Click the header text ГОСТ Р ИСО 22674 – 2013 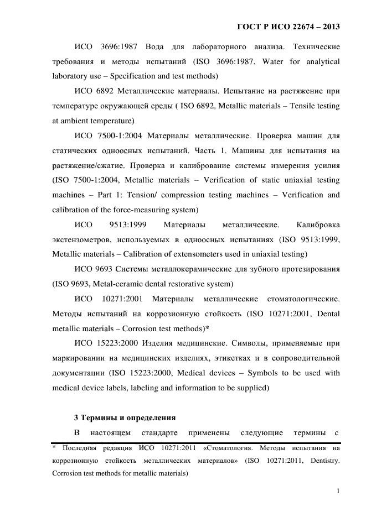click(288, 26)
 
